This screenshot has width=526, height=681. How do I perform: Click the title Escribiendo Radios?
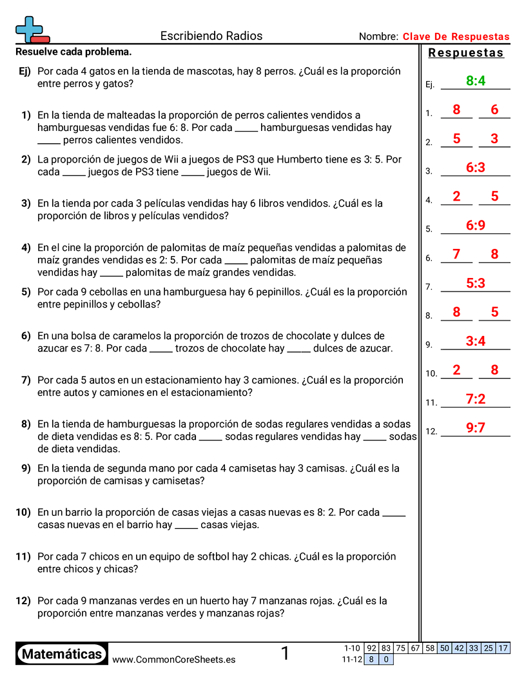click(211, 36)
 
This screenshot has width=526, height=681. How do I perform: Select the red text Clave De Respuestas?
click(456, 37)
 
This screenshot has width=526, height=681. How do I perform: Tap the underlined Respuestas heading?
click(465, 53)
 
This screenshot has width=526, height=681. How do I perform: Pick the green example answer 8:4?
click(475, 81)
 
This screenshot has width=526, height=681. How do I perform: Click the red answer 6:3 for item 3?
click(475, 168)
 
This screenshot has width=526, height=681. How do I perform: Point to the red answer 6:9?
click(475, 225)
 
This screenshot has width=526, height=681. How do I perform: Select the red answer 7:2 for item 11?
click(475, 399)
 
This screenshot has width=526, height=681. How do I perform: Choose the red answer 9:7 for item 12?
click(475, 428)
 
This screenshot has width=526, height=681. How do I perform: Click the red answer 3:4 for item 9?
click(475, 341)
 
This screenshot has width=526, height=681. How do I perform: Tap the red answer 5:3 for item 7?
click(475, 283)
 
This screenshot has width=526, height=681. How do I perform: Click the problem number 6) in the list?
click(26, 336)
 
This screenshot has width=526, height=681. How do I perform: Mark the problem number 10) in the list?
click(23, 513)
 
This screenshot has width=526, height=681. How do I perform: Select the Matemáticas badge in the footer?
click(62, 654)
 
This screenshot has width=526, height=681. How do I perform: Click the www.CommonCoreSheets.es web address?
click(173, 660)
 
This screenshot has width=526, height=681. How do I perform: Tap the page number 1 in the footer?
click(285, 654)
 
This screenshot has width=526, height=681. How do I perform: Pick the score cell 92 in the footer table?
click(371, 648)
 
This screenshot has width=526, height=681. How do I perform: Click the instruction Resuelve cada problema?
click(73, 52)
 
